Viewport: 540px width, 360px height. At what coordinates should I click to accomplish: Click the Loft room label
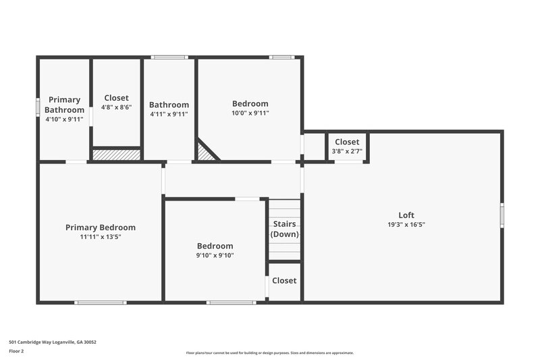(406, 215)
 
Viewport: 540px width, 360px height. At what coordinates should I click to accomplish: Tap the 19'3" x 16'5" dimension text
(406, 224)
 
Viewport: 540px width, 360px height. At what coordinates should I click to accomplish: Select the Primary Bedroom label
(100, 228)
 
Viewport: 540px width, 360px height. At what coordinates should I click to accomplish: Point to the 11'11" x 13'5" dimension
(100, 237)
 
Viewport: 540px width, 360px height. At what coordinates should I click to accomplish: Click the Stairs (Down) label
(284, 229)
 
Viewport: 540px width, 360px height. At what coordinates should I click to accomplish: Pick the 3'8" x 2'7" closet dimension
(347, 151)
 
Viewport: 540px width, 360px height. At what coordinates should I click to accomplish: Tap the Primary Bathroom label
(64, 105)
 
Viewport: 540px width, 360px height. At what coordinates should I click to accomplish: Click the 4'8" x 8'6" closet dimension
(116, 107)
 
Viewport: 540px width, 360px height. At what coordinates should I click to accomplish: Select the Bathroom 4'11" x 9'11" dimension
(169, 114)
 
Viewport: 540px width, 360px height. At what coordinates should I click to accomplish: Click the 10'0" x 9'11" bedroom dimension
(250, 113)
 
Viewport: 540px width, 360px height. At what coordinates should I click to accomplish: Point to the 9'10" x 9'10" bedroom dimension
(215, 255)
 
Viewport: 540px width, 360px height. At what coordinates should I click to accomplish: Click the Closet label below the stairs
(284, 280)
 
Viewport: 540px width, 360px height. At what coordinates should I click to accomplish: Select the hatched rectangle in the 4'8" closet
(116, 155)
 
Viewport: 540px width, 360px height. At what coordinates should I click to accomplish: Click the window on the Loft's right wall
(502, 215)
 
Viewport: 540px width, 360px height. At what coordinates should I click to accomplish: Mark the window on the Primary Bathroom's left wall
(38, 107)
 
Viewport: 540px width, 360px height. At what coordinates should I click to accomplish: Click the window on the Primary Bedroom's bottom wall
(101, 302)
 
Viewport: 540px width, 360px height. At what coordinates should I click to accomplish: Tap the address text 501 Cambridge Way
(52, 342)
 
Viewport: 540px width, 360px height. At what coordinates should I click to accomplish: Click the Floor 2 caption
(16, 351)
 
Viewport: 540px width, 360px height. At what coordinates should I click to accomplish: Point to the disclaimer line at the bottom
(269, 353)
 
